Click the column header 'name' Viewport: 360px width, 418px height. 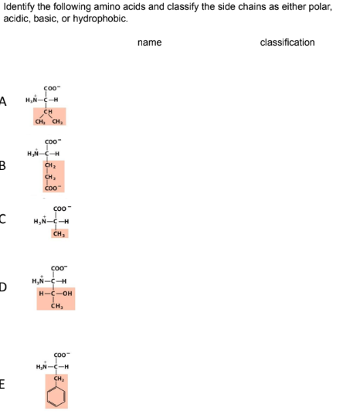point(149,42)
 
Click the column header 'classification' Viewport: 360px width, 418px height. point(287,42)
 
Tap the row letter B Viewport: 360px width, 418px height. point(3,164)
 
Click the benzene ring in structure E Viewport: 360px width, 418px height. point(56,393)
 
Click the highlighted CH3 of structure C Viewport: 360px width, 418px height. point(59,234)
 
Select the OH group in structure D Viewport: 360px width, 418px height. point(66,294)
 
